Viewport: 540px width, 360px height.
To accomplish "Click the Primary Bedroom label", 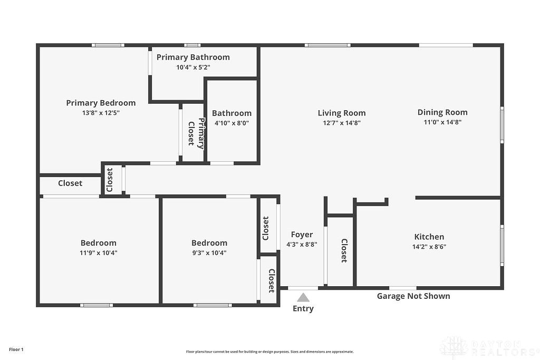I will [x=101, y=103].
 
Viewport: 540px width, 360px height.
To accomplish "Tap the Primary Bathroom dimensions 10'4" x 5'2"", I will [x=193, y=67].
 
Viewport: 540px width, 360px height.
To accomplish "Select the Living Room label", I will [x=342, y=113].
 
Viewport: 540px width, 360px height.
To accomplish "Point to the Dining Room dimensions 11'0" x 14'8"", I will [x=442, y=122].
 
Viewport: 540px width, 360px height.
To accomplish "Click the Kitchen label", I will [x=429, y=237].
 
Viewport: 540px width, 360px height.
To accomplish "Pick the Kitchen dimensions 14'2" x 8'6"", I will [x=429, y=246].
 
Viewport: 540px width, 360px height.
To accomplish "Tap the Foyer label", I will [x=302, y=235].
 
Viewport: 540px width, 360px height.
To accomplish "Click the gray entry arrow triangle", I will [x=303, y=298].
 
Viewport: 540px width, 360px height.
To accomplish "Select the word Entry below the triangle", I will [x=303, y=308].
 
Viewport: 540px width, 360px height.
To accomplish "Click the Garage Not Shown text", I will [x=413, y=296].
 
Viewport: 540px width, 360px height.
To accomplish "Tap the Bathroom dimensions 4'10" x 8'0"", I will [x=232, y=123].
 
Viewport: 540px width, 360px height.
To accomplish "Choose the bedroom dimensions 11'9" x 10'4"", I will [x=99, y=252].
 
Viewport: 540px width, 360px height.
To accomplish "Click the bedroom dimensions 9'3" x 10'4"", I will [x=209, y=252].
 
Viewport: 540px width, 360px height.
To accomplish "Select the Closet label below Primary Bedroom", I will [x=70, y=183].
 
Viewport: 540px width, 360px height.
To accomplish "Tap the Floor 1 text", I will [x=16, y=349].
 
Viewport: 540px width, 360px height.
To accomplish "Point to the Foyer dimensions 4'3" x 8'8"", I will [x=302, y=244].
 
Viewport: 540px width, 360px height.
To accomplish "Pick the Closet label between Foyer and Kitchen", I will [x=344, y=250].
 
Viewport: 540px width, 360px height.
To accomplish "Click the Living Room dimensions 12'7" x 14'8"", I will [x=342, y=123].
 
